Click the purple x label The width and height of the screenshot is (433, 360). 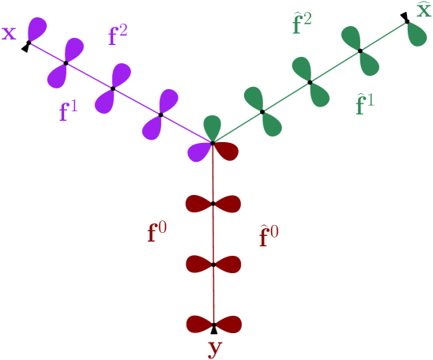point(9,34)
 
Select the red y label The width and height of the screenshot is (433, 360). point(213,348)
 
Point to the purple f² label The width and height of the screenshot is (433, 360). point(117,36)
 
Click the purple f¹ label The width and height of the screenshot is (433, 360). point(69,112)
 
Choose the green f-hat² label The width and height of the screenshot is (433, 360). point(302,24)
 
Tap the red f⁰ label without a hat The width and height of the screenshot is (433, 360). point(156,233)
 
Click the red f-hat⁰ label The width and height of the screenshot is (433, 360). point(269,236)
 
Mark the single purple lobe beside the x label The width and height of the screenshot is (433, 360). point(37,28)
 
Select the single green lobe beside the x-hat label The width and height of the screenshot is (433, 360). point(417,34)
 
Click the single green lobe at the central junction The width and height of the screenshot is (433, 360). point(213,126)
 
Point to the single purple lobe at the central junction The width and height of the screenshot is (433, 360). point(198,151)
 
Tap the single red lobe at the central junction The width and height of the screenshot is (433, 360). point(226,151)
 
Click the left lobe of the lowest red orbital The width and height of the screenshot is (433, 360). point(199,324)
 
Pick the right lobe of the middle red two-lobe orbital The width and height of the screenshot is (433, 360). point(228,264)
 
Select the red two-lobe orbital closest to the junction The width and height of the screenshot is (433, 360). point(213,204)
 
